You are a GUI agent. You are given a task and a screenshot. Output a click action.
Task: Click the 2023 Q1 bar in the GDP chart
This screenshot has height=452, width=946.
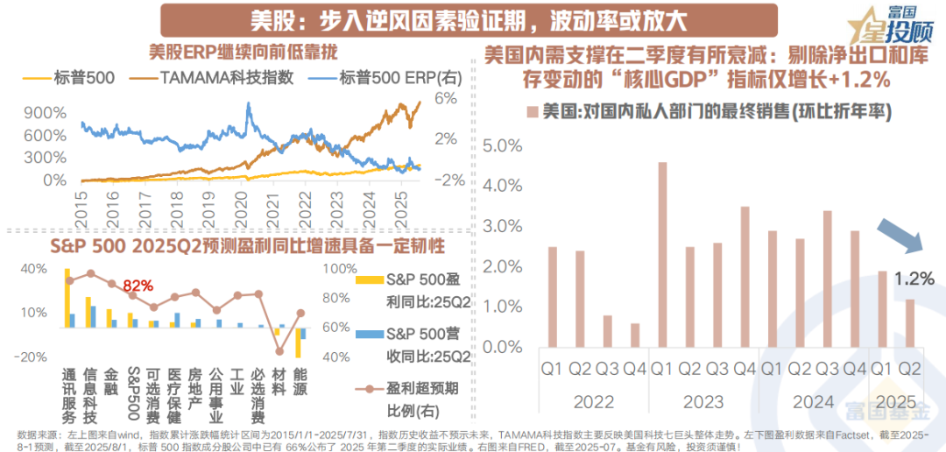(x=662, y=254)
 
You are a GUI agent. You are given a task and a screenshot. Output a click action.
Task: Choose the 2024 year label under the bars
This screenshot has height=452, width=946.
(x=813, y=403)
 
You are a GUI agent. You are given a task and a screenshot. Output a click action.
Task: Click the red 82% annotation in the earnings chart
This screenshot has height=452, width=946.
(x=138, y=286)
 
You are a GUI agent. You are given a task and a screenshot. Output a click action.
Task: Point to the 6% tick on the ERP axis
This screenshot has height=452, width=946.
(x=448, y=98)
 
